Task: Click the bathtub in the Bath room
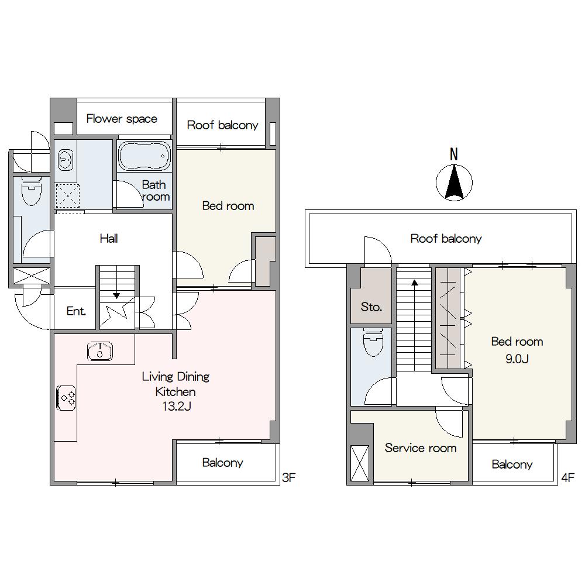[x=144, y=156]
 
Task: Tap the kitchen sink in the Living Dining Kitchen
[x=100, y=351]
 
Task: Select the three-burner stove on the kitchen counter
[x=66, y=398]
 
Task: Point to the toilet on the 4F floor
[x=373, y=342]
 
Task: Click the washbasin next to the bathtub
[x=66, y=160]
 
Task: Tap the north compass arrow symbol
[x=454, y=183]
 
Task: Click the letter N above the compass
[x=454, y=154]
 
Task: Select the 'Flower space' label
[x=122, y=119]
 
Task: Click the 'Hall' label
[x=109, y=238]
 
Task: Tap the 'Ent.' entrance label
[x=76, y=311]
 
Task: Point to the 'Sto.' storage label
[x=371, y=307]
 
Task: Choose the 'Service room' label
[x=421, y=448]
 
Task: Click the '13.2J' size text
[x=177, y=406]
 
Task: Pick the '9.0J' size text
[x=517, y=359]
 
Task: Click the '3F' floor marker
[x=289, y=477]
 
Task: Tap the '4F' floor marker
[x=568, y=477]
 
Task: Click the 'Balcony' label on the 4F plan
[x=512, y=464]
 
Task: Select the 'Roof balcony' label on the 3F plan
[x=222, y=125]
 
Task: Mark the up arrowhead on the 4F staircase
[x=415, y=283]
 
